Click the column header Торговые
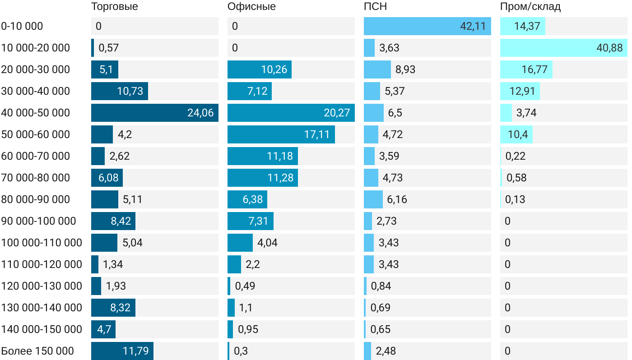coord(114,7)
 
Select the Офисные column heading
coord(251,7)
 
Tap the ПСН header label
coord(375,7)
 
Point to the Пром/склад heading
coord(530,7)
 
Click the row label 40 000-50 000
coord(36,113)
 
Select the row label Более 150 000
coord(37,351)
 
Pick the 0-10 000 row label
coord(22,26)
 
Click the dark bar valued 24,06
coord(154,113)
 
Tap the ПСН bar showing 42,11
coord(427,26)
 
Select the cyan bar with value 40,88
coord(563,48)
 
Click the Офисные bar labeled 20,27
coord(291,113)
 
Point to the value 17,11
coord(317,134)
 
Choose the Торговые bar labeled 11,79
coord(122,351)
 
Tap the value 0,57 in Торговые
coord(108,48)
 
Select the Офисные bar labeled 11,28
coord(262,178)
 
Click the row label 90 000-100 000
coord(38,221)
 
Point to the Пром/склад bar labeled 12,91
coord(520,91)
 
